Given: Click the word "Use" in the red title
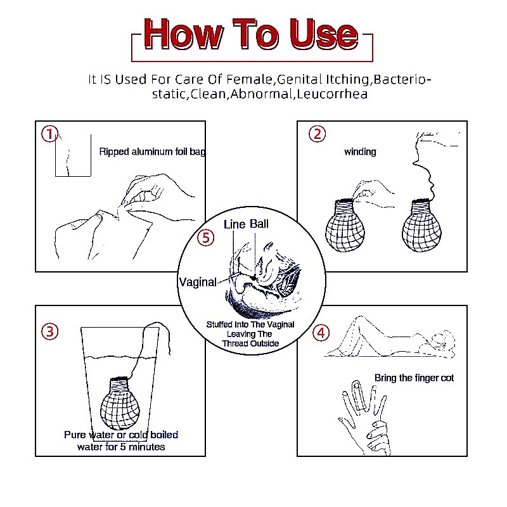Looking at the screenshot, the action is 324,34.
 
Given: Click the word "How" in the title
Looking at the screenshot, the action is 183,34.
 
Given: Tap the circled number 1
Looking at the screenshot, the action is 49,134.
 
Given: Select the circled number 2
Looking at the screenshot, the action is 318,134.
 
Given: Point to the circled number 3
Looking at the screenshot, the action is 50,331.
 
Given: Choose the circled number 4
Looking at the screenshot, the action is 321,333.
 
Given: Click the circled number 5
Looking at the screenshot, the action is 205,238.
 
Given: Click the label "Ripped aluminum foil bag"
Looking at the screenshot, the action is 152,151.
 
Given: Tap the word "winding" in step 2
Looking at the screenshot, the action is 360,151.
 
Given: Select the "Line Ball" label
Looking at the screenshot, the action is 246,224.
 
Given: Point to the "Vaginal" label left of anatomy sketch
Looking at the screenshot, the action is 198,282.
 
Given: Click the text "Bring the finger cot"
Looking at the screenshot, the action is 414,378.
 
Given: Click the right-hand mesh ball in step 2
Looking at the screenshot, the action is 421,226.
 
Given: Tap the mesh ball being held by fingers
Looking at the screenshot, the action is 345,226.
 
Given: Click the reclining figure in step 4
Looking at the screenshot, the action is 391,338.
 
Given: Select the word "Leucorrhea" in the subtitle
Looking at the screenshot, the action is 332,94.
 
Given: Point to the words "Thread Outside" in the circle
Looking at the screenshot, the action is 250,343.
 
